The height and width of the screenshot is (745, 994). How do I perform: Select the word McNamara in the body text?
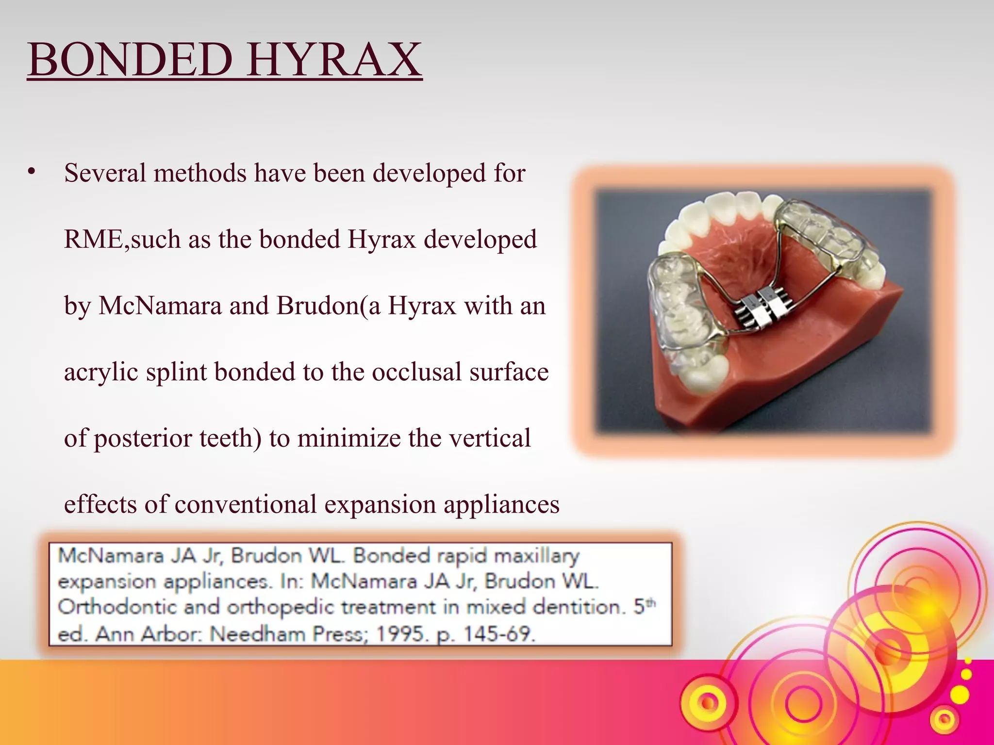click(160, 306)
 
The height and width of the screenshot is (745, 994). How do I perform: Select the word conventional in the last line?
click(246, 504)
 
